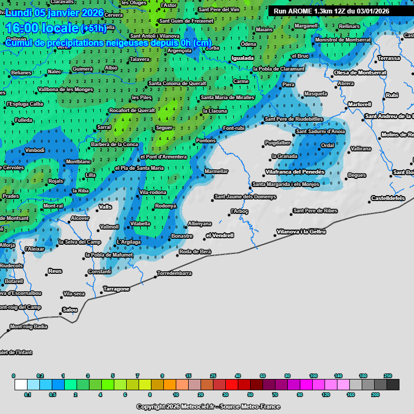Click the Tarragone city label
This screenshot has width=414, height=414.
pos(116,289)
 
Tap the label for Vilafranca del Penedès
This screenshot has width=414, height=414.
pos(295,172)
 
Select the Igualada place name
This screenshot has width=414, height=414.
pos(242,58)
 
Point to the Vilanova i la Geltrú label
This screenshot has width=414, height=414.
pos(301,232)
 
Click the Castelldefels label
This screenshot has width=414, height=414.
pos(388,198)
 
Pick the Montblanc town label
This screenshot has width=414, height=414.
pos(78,162)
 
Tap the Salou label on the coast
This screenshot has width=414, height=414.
pos(70,310)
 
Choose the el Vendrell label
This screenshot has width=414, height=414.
pos(220,236)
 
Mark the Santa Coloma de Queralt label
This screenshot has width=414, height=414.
pos(177,84)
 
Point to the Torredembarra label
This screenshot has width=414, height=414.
pos(174,273)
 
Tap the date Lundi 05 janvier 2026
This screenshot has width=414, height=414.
pos(54,12)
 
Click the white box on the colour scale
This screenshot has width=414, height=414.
pos(21,384)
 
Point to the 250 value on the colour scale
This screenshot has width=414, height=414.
pos(388,375)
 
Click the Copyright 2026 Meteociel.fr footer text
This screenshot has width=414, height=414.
pos(208,406)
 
